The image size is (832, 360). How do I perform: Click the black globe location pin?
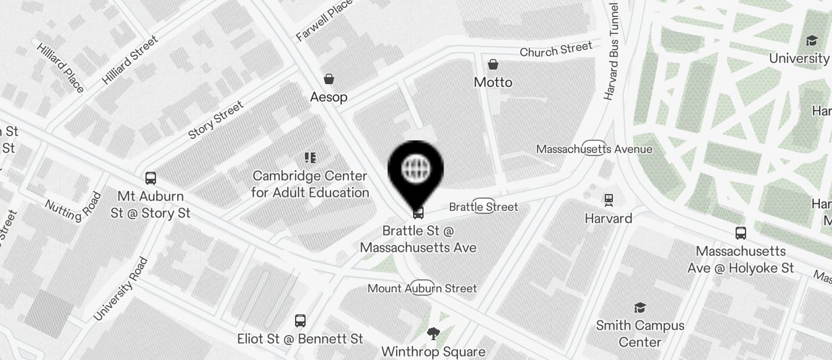[x=415, y=169]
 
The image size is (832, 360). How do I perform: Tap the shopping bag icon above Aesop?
[x=329, y=79]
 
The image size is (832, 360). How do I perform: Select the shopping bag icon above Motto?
[x=493, y=64]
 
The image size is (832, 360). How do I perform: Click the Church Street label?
[x=556, y=49]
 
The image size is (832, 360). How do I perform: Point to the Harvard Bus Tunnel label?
[x=612, y=52]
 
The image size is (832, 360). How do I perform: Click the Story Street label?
[x=216, y=121]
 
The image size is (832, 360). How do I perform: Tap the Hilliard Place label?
[x=60, y=66]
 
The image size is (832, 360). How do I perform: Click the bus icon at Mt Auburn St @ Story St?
[x=151, y=178]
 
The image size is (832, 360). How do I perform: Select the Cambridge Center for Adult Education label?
[x=310, y=184]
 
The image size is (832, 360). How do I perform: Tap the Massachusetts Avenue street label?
[x=594, y=149]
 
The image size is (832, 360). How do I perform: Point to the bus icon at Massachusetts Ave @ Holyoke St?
[x=741, y=233]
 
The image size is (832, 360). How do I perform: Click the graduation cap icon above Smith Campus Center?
[x=640, y=307]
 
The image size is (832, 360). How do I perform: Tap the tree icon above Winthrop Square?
[x=433, y=334]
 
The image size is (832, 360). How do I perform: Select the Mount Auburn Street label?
[x=422, y=288]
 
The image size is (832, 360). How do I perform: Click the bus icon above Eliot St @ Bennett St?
[x=300, y=321]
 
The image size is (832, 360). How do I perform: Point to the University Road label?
[x=120, y=289]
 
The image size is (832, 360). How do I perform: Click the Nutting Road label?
[x=73, y=209]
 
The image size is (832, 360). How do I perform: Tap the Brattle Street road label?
[x=483, y=207]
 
